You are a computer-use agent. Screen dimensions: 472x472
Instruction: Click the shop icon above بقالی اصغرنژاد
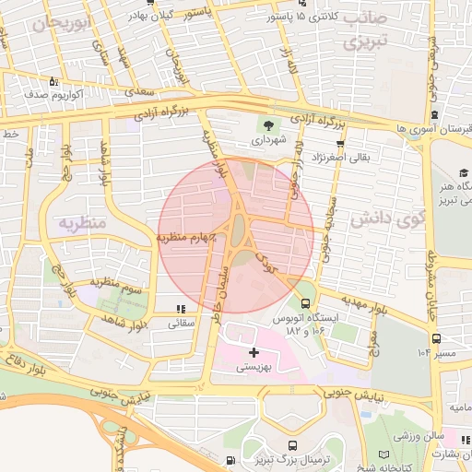(341, 143)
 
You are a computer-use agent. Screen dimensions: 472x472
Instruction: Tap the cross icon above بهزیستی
(254, 351)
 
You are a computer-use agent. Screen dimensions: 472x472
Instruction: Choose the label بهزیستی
(254, 367)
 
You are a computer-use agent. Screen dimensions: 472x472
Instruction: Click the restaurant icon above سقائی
(181, 309)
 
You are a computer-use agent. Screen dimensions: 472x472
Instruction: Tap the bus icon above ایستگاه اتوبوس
(305, 302)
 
